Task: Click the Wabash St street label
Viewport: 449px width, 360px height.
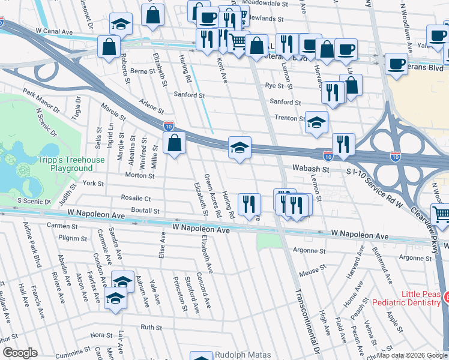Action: click(x=312, y=170)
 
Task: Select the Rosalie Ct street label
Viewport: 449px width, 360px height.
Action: click(x=136, y=198)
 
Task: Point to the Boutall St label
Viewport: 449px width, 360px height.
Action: click(x=146, y=211)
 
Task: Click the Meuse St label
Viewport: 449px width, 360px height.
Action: click(x=312, y=271)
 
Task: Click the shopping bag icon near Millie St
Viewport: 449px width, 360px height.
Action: click(x=174, y=144)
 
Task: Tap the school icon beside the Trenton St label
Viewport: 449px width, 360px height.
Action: click(x=316, y=122)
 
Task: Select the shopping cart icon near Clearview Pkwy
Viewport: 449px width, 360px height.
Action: click(x=441, y=215)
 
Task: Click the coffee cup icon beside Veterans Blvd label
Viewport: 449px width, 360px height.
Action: click(x=396, y=64)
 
